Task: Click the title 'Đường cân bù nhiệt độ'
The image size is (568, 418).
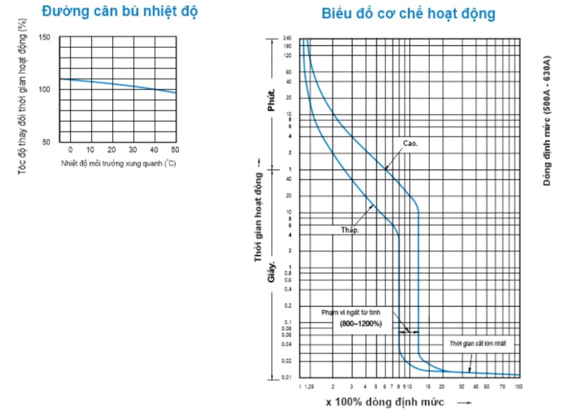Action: pyautogui.click(x=119, y=12)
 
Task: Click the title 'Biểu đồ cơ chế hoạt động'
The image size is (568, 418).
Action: pyautogui.click(x=408, y=13)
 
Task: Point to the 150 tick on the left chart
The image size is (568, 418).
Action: pyautogui.click(x=44, y=37)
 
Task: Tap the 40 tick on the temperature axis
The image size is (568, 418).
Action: pyautogui.click(x=154, y=150)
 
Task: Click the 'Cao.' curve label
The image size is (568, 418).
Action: pyautogui.click(x=410, y=143)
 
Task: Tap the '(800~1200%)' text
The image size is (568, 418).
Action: pyautogui.click(x=361, y=323)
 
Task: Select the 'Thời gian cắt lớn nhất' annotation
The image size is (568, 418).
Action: pyautogui.click(x=478, y=344)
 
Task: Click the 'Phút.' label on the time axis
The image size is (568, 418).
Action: pyautogui.click(x=271, y=100)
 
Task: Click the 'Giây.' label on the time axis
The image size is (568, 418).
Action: pyautogui.click(x=272, y=270)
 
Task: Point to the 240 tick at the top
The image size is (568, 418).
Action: pyautogui.click(x=287, y=38)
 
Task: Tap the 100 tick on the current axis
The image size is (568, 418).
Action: pyautogui.click(x=518, y=386)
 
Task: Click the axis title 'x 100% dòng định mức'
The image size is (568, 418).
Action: pyautogui.click(x=385, y=402)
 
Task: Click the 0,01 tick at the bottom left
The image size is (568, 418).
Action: pyautogui.click(x=287, y=378)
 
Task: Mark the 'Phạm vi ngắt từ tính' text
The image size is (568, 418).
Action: pyautogui.click(x=351, y=313)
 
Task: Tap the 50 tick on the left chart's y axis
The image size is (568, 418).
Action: pyautogui.click(x=46, y=142)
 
